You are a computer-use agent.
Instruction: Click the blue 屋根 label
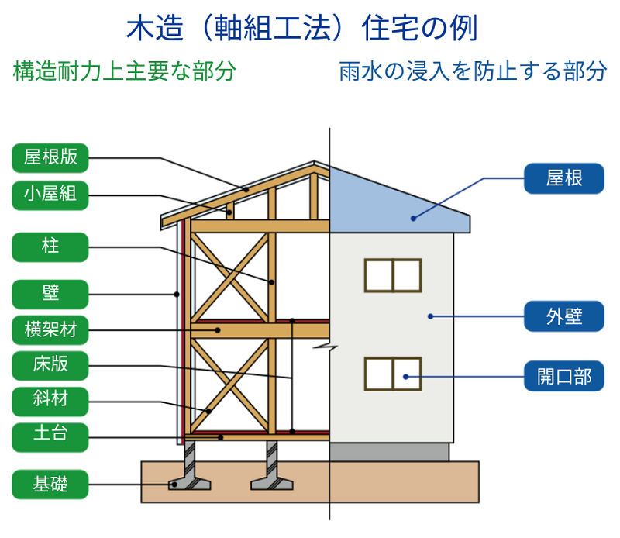click(563, 179)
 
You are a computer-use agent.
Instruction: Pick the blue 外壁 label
click(563, 317)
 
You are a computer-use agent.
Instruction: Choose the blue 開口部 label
click(563, 377)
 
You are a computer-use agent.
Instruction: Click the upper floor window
click(393, 275)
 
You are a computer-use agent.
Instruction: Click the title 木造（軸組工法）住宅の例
click(302, 29)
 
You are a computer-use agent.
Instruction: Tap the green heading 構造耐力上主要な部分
click(124, 71)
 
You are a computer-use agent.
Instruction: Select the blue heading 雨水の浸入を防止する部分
click(473, 71)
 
